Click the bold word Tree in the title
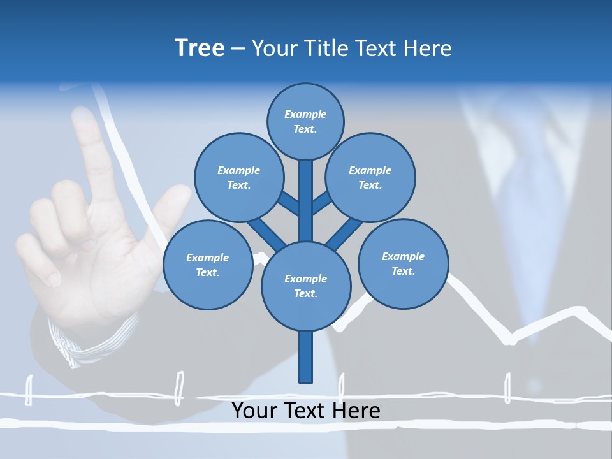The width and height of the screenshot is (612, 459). pyautogui.click(x=200, y=48)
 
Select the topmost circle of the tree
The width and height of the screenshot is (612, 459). pyautogui.click(x=305, y=121)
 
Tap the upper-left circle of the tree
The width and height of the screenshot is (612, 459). pyautogui.click(x=238, y=177)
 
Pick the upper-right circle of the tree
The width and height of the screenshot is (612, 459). pyautogui.click(x=370, y=177)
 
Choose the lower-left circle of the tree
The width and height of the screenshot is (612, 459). pyautogui.click(x=207, y=265)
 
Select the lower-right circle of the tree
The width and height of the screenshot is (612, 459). pyautogui.click(x=403, y=263)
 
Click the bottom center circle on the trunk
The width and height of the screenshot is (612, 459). pyautogui.click(x=306, y=286)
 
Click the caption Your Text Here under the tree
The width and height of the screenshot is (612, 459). pyautogui.click(x=306, y=411)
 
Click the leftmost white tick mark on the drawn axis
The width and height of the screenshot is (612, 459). pyautogui.click(x=28, y=390)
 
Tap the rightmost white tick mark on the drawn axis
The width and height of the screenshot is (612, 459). pyautogui.click(x=507, y=388)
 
